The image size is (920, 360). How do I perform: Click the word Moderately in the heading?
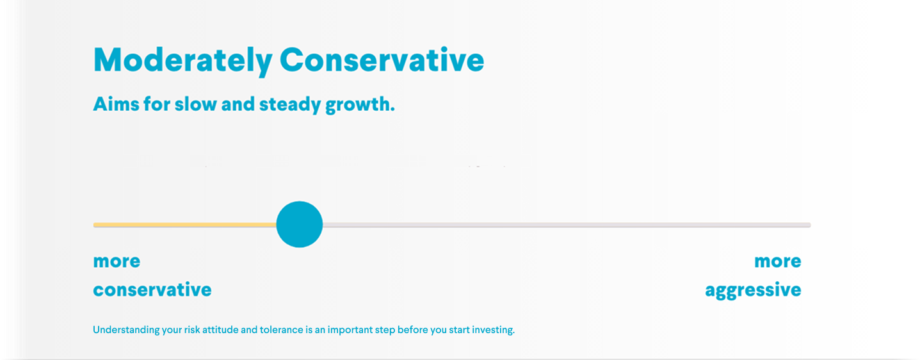(x=182, y=61)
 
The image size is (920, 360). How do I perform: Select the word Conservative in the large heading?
(x=382, y=60)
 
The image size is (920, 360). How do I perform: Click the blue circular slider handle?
(x=300, y=224)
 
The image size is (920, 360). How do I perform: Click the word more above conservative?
(x=117, y=261)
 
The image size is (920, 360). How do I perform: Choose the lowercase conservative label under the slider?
(x=152, y=290)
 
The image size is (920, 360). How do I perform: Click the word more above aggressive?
(x=777, y=261)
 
